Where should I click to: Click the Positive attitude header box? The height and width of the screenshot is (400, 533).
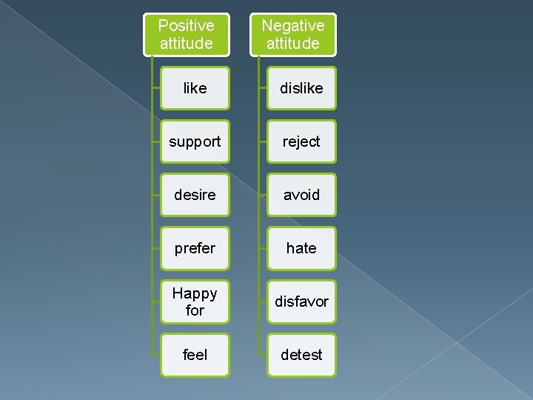coord(186,35)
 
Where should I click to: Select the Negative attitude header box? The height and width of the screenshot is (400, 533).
coord(292,35)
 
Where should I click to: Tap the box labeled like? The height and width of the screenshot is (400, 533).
coord(195,88)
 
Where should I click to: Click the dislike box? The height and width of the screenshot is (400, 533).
coord(301,88)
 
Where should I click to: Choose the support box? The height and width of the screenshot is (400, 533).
coord(195,141)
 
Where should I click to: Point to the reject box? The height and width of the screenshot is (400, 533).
coord(301,141)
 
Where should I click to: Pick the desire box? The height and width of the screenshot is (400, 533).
coord(195,195)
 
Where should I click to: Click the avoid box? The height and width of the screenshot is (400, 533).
coord(301,195)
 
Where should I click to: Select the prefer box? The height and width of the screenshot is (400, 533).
coord(195,248)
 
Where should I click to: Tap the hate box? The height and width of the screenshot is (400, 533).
coord(301,248)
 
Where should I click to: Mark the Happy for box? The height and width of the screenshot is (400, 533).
coord(195,301)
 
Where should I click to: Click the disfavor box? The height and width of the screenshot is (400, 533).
coord(301,301)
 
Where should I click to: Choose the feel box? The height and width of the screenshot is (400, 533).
coord(195,355)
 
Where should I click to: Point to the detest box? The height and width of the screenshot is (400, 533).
coord(301,355)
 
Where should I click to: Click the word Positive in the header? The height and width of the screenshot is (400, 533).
coord(186,26)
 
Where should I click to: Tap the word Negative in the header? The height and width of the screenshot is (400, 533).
coord(292,26)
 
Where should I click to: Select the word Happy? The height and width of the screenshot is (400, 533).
coord(195,293)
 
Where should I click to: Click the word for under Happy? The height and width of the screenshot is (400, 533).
coord(195,310)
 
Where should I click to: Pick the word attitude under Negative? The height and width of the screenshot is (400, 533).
coord(292,44)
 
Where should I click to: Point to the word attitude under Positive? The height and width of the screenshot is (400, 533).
coord(186,44)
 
